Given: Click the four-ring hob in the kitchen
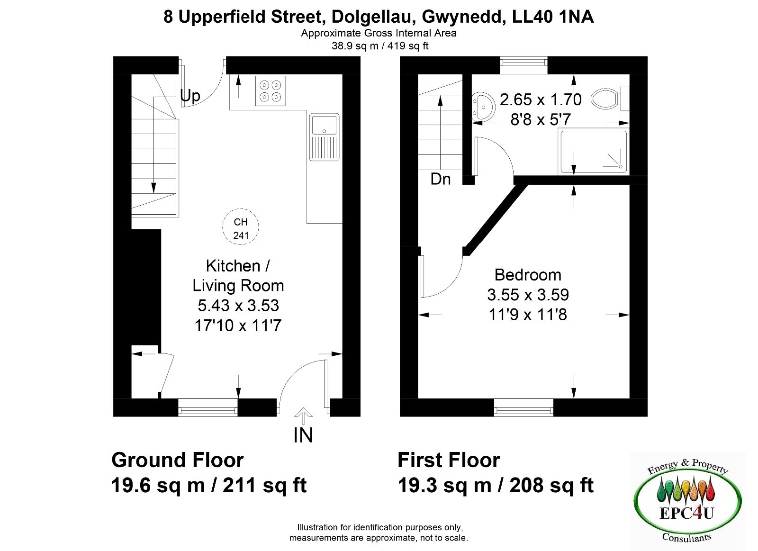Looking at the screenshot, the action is [x=271, y=91].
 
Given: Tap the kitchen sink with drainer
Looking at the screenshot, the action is [x=324, y=137].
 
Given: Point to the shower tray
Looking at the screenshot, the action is [x=594, y=152].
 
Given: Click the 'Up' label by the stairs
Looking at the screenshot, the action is [x=190, y=97].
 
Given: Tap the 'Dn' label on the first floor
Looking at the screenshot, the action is [x=441, y=179].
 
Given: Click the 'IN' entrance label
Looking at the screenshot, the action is [x=303, y=435].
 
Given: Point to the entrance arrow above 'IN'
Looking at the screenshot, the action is [x=303, y=416].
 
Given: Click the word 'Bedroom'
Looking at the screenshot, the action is [x=528, y=275].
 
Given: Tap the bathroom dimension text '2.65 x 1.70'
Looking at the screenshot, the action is [x=541, y=99].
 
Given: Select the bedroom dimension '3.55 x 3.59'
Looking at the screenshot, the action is [x=528, y=295].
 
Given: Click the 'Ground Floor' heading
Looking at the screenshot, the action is [x=177, y=461].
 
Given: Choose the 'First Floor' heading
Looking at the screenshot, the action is [x=449, y=461].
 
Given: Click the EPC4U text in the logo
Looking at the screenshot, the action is [x=687, y=514].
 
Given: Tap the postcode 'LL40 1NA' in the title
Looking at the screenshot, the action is [x=553, y=17].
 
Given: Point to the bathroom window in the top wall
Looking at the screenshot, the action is [x=523, y=65].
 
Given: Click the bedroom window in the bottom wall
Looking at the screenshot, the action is [x=523, y=407].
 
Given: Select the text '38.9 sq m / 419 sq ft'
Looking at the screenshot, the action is [x=380, y=46].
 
